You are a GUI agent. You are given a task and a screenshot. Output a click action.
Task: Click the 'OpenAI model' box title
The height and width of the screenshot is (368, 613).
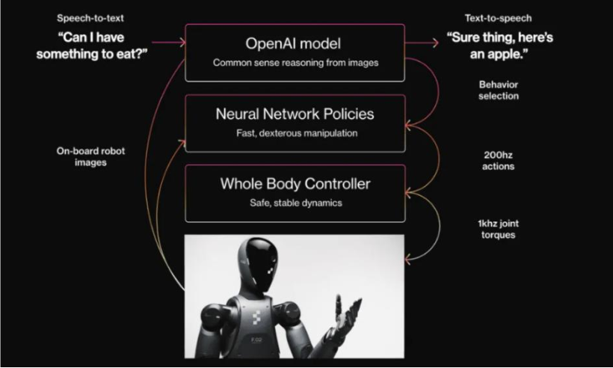(x=293, y=43)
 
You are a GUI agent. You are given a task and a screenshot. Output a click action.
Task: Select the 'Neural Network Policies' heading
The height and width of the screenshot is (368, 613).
(x=295, y=114)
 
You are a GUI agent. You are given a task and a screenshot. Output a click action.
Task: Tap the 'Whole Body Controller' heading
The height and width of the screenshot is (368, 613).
(x=295, y=184)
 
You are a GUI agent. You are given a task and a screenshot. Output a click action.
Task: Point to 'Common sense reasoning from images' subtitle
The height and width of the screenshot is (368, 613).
(x=295, y=63)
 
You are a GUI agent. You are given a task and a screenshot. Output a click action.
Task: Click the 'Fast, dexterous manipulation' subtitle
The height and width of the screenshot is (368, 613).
(x=297, y=133)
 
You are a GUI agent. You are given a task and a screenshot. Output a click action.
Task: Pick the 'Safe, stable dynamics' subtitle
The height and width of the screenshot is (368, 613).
(x=296, y=203)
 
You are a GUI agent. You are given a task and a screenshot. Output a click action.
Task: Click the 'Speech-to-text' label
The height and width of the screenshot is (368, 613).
(x=90, y=18)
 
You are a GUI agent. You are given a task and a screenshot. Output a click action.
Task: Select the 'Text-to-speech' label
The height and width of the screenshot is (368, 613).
(x=498, y=18)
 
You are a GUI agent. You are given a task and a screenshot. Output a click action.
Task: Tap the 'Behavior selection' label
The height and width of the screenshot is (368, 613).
(x=499, y=91)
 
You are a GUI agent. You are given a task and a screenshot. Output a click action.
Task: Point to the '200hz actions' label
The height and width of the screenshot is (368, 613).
(x=498, y=160)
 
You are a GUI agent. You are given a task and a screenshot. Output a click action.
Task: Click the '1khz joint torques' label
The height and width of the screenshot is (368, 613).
(x=498, y=229)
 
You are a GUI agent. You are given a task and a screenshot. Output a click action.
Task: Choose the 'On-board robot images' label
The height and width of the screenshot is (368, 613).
(x=90, y=156)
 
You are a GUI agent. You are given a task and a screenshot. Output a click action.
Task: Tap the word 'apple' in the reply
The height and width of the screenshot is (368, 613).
(x=505, y=54)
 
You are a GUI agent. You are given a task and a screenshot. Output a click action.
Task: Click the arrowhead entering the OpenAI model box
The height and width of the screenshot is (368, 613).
(x=182, y=42)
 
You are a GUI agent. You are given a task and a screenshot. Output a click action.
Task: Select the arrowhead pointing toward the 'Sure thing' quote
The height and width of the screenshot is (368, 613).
(x=435, y=43)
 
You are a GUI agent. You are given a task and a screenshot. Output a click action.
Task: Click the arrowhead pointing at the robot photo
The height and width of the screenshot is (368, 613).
(x=408, y=259)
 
